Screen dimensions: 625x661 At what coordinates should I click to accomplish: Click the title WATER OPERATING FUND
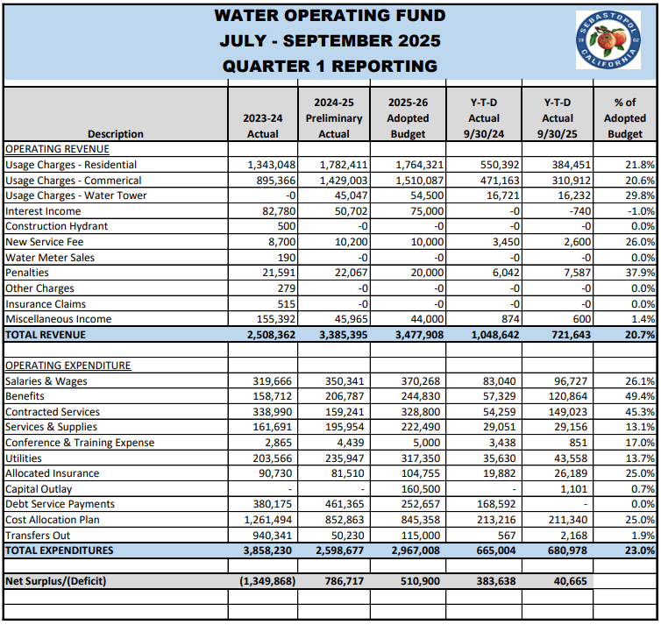330,16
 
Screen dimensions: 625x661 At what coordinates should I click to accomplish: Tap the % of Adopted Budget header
624,118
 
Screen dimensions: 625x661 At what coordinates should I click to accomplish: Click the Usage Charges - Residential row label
71,165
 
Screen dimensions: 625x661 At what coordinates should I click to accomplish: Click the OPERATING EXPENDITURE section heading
68,366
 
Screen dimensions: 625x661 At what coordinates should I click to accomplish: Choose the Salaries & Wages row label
46,381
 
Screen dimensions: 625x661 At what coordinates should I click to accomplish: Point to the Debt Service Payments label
60,504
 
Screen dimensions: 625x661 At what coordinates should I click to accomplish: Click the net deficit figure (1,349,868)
264,581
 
